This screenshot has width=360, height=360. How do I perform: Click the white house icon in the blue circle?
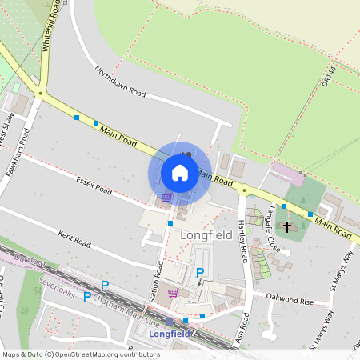[x=180, y=172]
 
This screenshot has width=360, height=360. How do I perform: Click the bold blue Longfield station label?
[x=170, y=334]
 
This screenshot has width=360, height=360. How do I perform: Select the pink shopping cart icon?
[x=173, y=293]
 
